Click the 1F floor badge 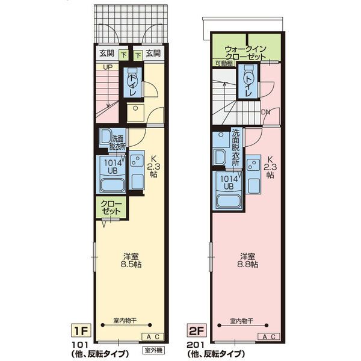point(81,330)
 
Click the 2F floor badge point(197,331)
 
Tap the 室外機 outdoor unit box point(153,350)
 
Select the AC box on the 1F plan point(153,336)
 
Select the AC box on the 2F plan point(269,336)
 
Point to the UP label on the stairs point(108,67)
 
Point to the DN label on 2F point(266,112)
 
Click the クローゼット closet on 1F point(111,207)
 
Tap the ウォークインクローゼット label point(245,52)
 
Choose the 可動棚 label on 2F point(224,63)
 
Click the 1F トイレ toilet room point(132,82)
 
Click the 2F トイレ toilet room point(248,82)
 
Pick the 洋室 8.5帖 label point(131,260)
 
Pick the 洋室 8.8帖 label point(247,260)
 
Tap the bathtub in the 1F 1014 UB point(113,185)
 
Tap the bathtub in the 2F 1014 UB point(229,201)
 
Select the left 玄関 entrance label point(107,54)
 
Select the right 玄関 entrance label point(153,54)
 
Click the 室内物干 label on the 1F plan point(126,320)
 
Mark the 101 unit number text point(80,345)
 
